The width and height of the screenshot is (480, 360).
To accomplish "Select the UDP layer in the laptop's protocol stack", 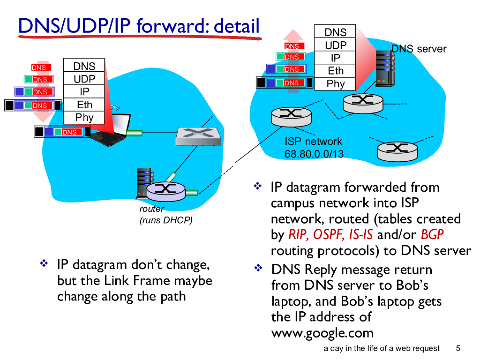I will point(84,79).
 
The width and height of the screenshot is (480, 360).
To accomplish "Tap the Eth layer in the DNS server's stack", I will point(336,71).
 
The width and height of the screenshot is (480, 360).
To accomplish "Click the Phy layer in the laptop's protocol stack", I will point(84,118).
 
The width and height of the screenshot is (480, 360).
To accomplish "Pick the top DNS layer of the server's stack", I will point(336,32).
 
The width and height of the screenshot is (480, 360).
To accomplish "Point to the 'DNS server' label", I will point(419,49).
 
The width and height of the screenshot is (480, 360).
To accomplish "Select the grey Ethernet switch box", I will point(197,135).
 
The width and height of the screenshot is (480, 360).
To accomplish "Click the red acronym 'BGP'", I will point(432,234).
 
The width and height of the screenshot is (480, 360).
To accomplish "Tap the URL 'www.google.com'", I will point(322,333).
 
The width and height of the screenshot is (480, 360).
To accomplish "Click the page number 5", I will point(458,348).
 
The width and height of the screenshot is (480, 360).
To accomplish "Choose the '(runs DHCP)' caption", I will point(166,220).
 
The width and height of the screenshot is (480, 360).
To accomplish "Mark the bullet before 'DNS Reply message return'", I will point(257,269).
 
